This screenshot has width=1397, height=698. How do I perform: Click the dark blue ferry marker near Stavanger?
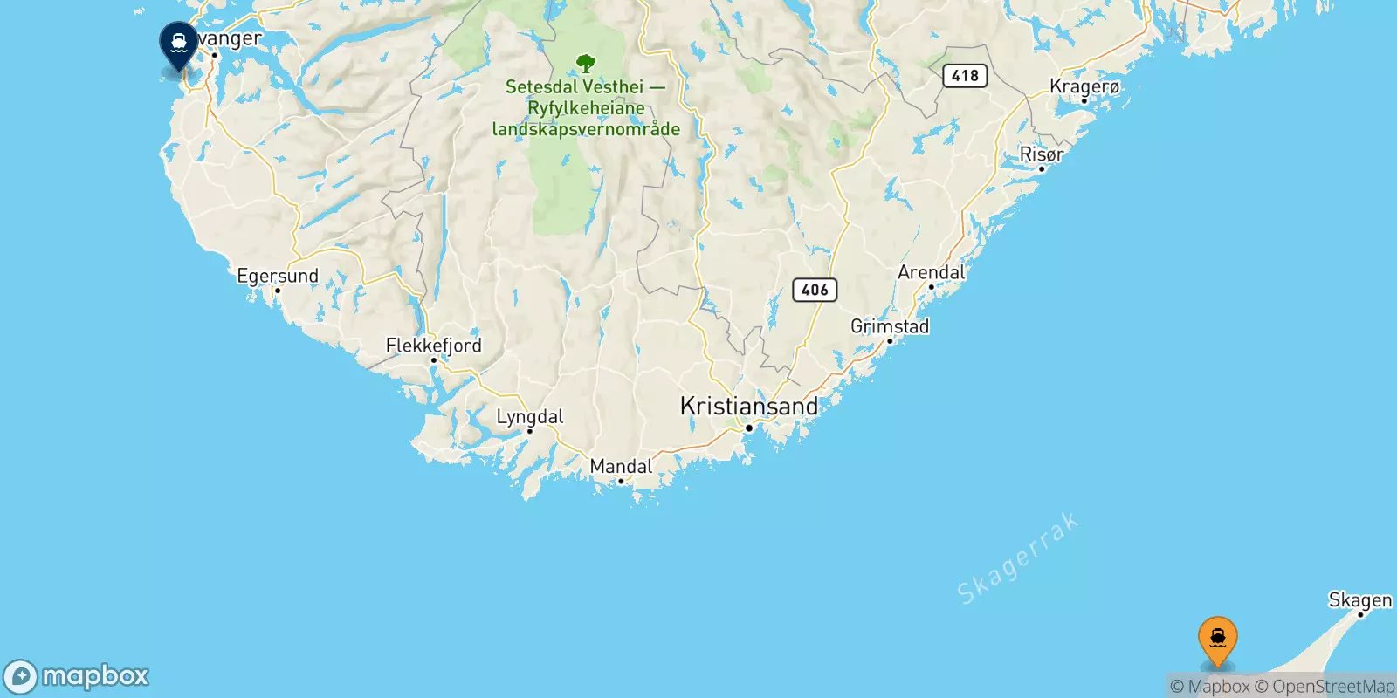[x=179, y=44]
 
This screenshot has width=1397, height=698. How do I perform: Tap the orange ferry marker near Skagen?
[x=1217, y=640]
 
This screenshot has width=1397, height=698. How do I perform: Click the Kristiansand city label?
[x=748, y=406]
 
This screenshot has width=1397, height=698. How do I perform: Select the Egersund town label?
[x=278, y=276]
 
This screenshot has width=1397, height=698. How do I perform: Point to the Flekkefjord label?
[x=433, y=346]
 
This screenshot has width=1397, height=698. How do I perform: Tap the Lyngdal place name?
[x=529, y=416]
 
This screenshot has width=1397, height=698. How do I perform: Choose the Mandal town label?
[x=621, y=466]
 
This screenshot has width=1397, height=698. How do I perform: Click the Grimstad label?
[x=889, y=326]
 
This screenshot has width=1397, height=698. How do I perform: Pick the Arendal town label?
[x=931, y=272]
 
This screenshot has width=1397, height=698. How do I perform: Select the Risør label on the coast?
[x=1041, y=154]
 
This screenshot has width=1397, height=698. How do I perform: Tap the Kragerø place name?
[x=1084, y=86]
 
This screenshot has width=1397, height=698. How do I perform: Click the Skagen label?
[x=1359, y=599]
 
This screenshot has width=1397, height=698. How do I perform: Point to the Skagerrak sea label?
[x=1017, y=559]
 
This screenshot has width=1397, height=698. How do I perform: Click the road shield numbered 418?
[x=965, y=76]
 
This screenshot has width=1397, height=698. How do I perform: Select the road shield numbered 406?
[x=815, y=290]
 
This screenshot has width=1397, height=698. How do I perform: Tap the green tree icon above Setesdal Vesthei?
[x=586, y=64]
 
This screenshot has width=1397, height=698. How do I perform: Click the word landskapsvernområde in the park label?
[x=586, y=129]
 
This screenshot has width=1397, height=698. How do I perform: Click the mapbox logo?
[x=77, y=676]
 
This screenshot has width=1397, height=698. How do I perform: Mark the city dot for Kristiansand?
[x=748, y=428]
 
